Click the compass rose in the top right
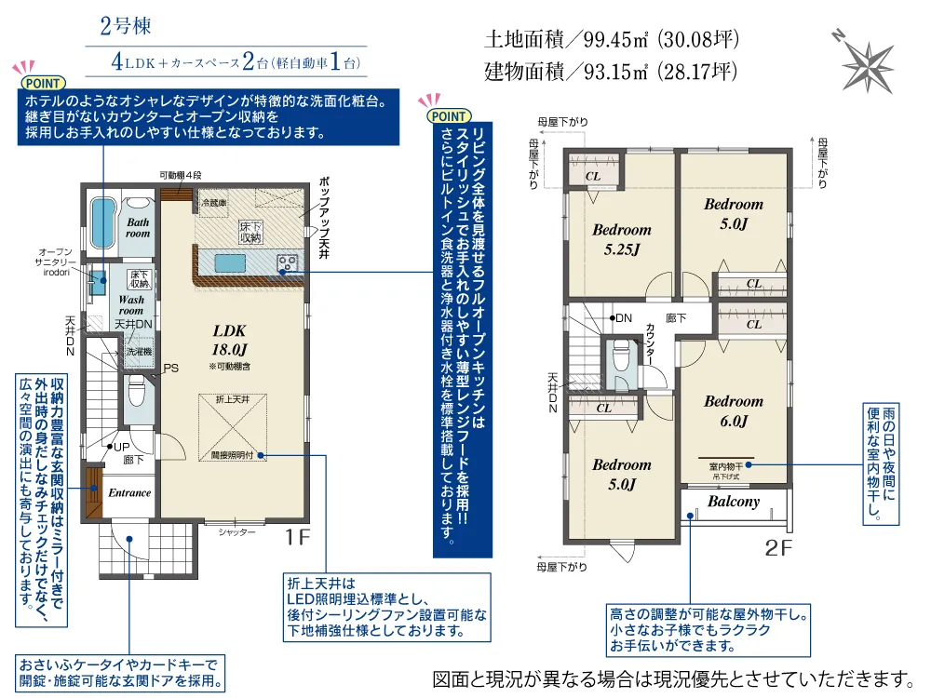pyautogui.click(x=866, y=64)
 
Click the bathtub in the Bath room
pyautogui.click(x=102, y=222)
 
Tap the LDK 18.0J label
pyautogui.click(x=229, y=340)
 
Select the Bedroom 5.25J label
pyautogui.click(x=622, y=239)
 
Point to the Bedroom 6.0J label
pyautogui.click(x=734, y=410)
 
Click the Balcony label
pyautogui.click(x=734, y=502)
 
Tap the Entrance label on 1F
pyautogui.click(x=129, y=492)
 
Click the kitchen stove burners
pyautogui.click(x=288, y=262)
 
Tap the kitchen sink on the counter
pyautogui.click(x=230, y=262)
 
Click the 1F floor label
pyautogui.click(x=298, y=537)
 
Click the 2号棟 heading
pyautogui.click(x=126, y=25)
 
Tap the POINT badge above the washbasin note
pyautogui.click(x=43, y=83)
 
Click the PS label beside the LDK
pyautogui.click(x=171, y=368)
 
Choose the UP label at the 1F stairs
pyautogui.click(x=121, y=447)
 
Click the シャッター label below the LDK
pyautogui.click(x=236, y=532)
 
